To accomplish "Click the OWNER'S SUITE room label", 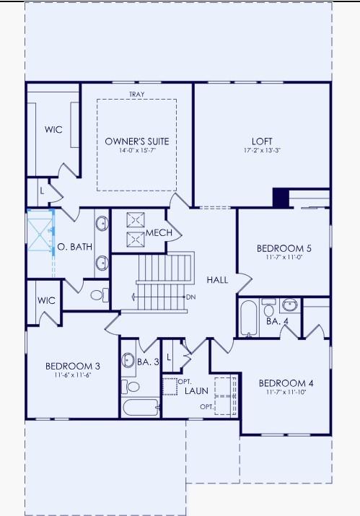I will pos(136,141).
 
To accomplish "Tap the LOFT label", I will pos(262,141).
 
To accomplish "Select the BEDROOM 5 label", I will pos(282,248).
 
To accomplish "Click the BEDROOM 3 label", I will pos(72,366).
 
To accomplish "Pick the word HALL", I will pos(218,279).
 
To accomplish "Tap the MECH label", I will pos(159,233).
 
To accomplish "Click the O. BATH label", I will pos(75,247).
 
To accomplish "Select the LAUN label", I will pos(196,390).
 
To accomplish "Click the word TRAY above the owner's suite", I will pos(136,95).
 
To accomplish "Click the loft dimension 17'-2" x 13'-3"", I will pos(262,151).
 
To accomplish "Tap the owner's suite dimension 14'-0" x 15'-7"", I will pos(136,151).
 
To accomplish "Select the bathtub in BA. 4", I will pos(248,319).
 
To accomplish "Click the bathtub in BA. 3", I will pos(140,407).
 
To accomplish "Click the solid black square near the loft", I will pos(280,198).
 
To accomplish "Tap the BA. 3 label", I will pos(148,362).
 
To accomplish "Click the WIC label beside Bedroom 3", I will pos(46,300).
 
